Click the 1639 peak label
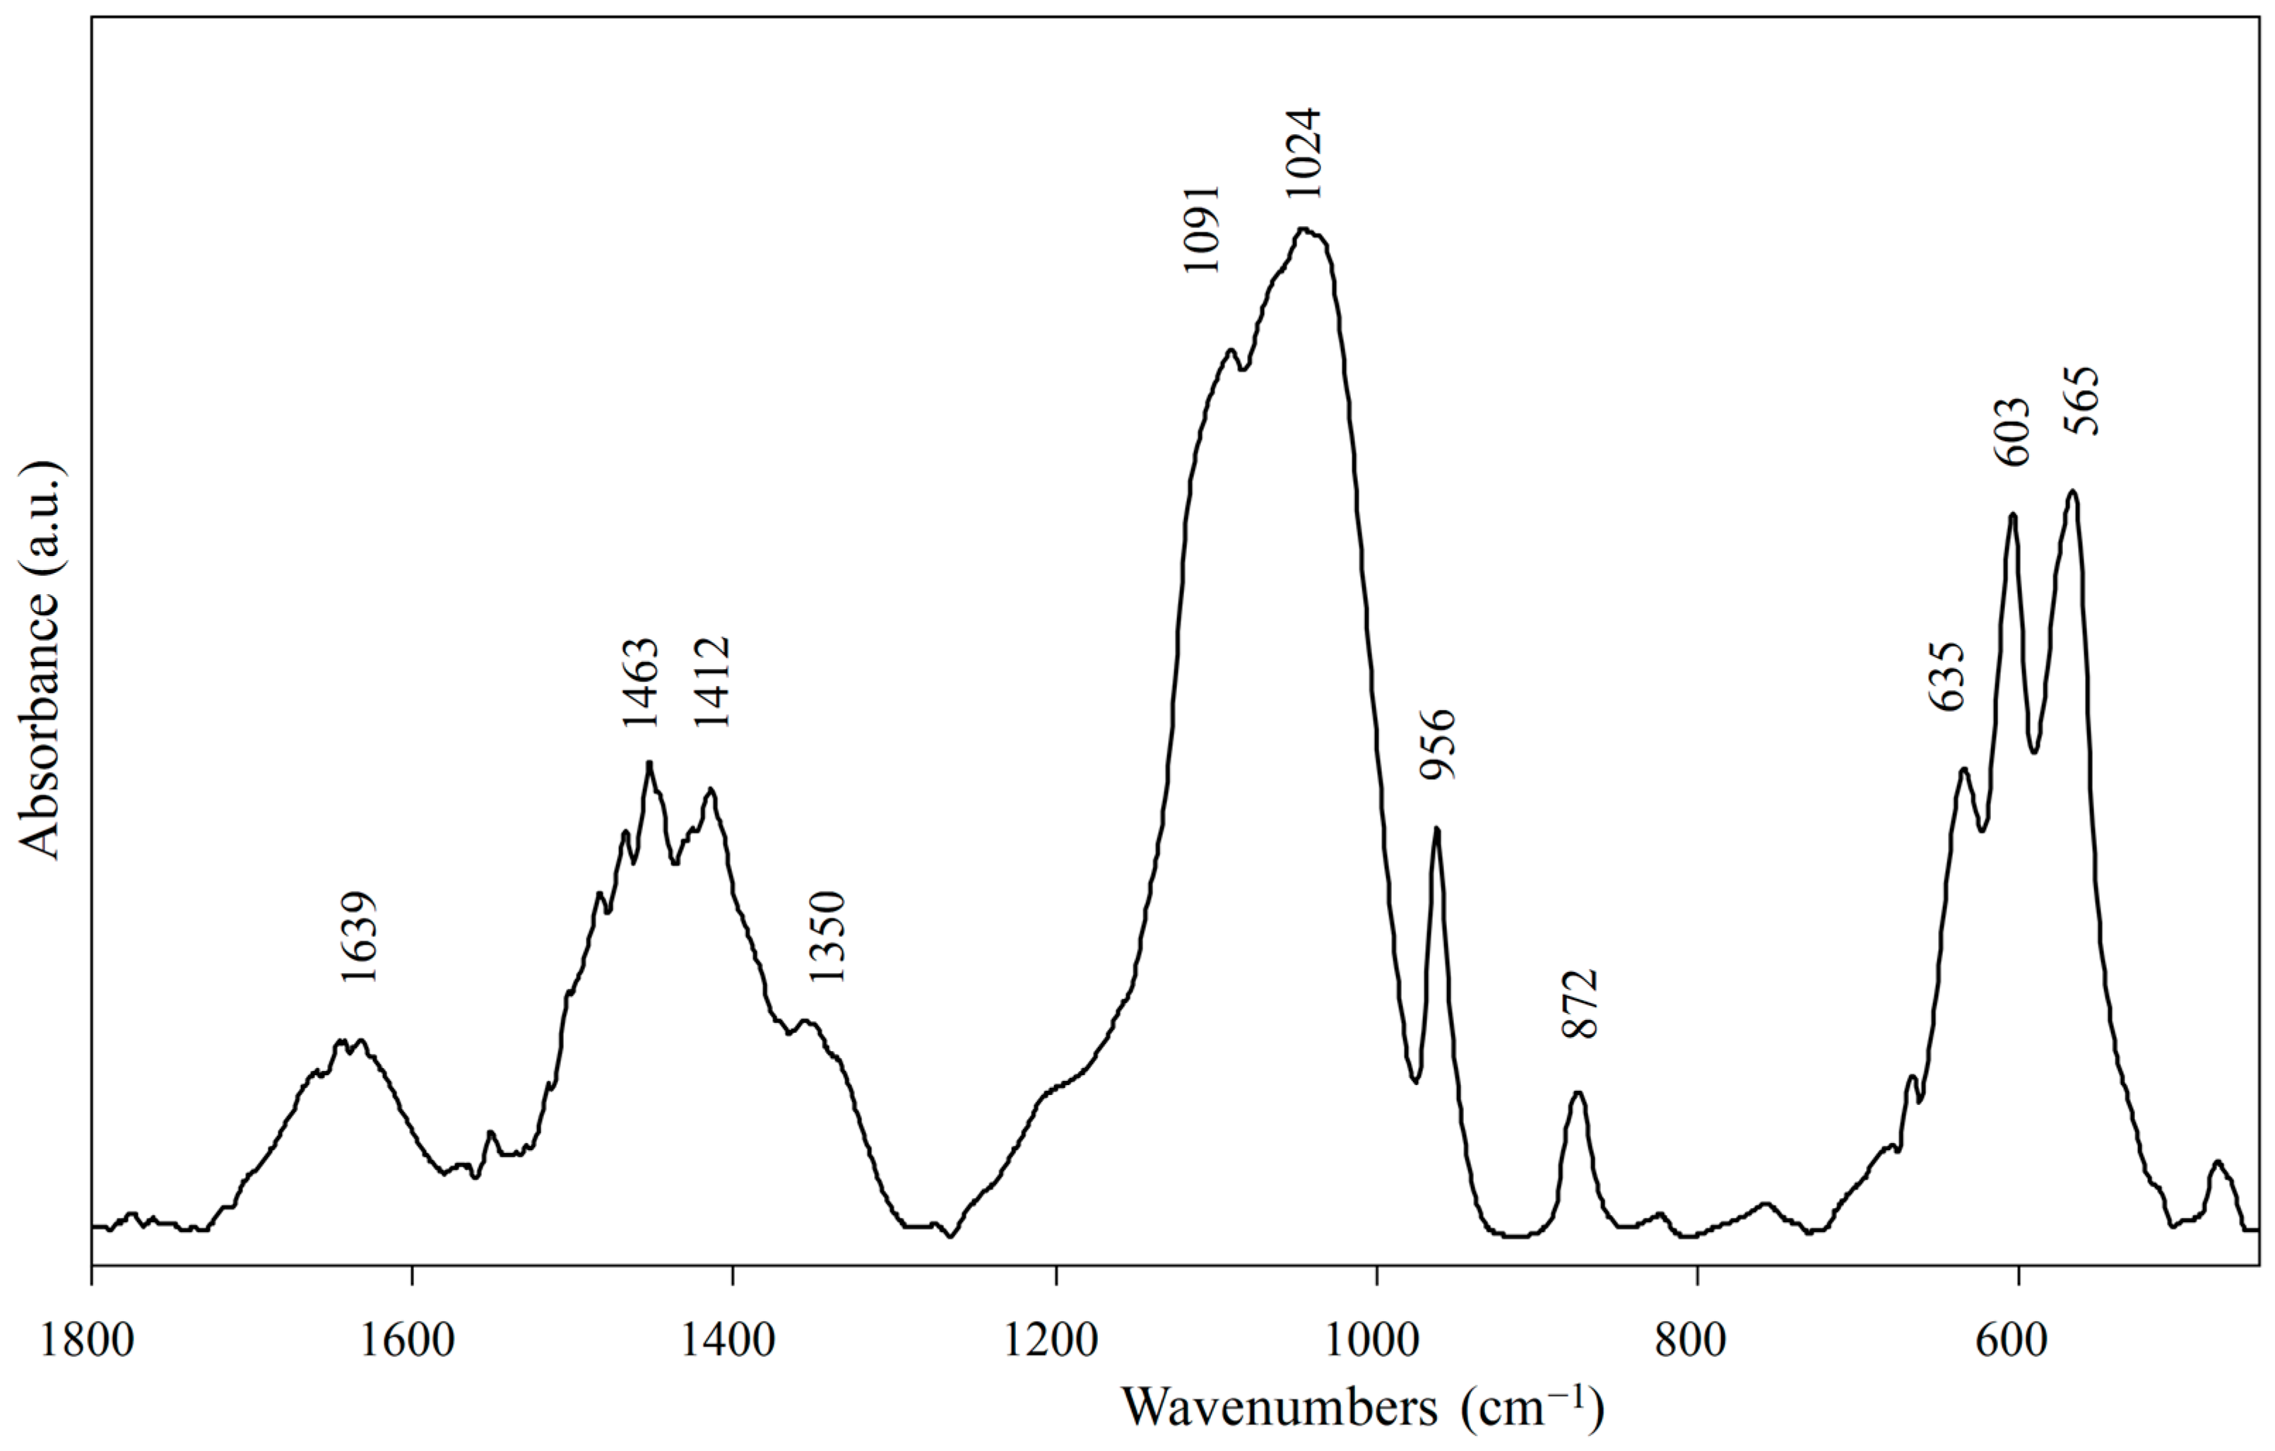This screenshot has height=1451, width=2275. [360, 937]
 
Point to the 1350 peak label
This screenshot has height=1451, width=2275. [827, 937]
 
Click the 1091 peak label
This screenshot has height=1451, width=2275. [1202, 229]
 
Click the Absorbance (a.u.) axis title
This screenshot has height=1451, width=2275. [40, 661]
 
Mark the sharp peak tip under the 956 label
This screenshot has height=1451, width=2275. [1437, 829]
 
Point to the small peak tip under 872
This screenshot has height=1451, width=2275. [1578, 1093]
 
